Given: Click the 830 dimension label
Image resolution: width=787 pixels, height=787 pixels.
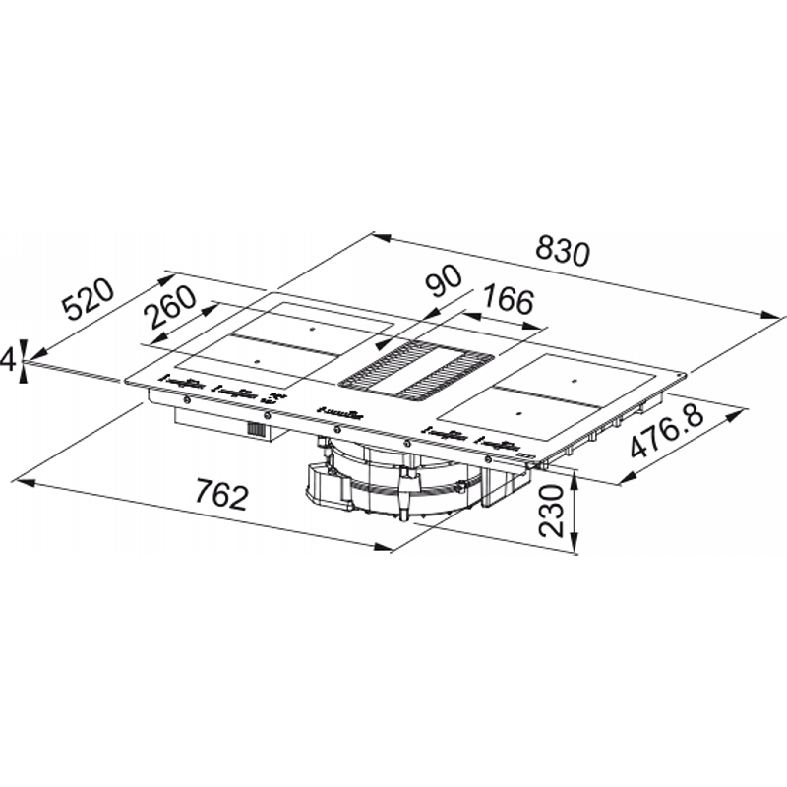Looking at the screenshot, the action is click(562, 251).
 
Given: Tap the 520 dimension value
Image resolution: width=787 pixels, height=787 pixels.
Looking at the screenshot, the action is click(88, 300).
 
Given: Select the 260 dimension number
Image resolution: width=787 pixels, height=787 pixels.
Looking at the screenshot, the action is click(169, 308).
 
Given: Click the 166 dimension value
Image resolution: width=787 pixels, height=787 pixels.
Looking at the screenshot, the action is click(507, 300).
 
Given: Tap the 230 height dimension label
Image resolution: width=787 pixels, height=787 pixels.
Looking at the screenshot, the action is click(552, 511).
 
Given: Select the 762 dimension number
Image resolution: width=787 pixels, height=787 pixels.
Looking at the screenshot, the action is click(222, 494).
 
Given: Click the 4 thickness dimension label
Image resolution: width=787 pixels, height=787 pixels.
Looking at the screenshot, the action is click(7, 360).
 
